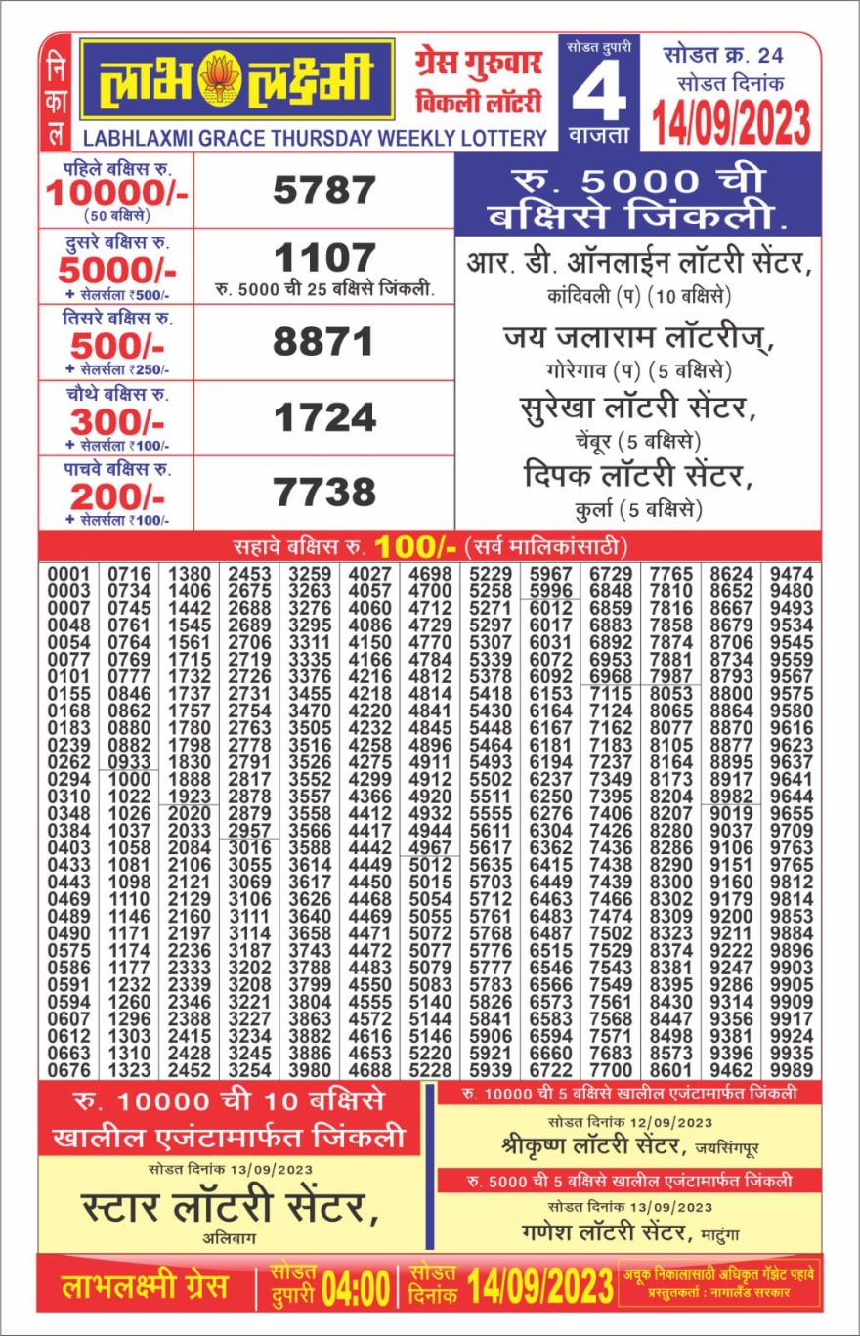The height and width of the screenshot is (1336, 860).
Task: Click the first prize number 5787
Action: pos(323,190)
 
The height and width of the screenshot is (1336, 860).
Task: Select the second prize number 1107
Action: pos(323,259)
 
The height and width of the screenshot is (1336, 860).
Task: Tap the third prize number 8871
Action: pos(323,342)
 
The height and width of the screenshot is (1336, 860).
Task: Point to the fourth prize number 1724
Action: pos(323,418)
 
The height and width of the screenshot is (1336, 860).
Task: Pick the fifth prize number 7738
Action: pos(323,492)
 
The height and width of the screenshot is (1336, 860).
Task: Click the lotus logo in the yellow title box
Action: pos(220,80)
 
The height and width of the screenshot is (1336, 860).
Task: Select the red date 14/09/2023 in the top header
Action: pos(732,122)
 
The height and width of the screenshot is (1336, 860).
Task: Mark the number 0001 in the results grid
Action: pos(68,573)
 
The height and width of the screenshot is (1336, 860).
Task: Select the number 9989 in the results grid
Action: pos(791,1070)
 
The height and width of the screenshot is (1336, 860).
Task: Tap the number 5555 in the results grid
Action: pos(491,813)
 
